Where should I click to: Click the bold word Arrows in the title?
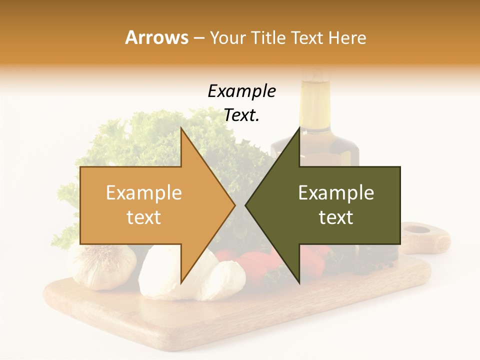point(156,37)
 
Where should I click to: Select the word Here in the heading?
point(347,37)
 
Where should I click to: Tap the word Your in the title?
point(227,37)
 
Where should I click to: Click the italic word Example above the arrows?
point(241,91)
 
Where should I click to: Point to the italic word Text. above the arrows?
point(241,115)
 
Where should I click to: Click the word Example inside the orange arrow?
point(143,193)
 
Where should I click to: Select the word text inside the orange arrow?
point(143,217)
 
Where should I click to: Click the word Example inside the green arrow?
point(336,193)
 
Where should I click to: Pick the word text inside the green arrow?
point(336,217)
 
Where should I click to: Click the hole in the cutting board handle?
point(416,230)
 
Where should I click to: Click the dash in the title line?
point(198,38)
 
